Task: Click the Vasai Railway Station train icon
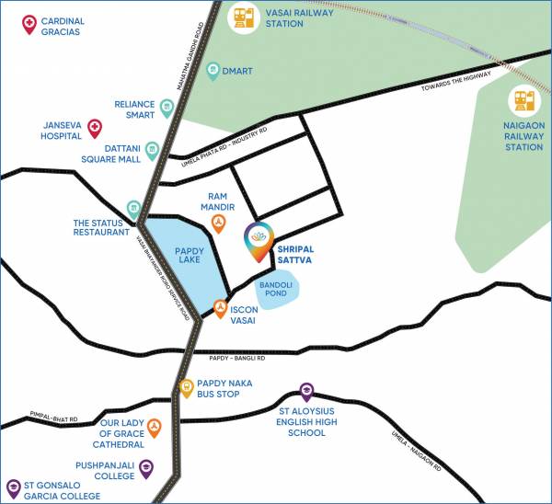(x=244, y=18)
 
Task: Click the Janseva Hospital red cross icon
(x=94, y=125)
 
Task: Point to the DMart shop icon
(x=213, y=69)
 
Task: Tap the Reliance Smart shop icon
(x=167, y=106)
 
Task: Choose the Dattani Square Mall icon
(x=152, y=147)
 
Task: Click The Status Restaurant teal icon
(x=134, y=209)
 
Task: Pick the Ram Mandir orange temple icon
(x=219, y=223)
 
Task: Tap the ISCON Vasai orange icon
(x=221, y=308)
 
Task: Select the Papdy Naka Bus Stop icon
(x=186, y=387)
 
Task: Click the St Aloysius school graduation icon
(x=306, y=391)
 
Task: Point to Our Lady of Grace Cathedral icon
(x=155, y=427)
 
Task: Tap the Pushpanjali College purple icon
(x=145, y=468)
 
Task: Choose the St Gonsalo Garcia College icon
(x=14, y=487)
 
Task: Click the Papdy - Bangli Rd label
(x=237, y=359)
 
